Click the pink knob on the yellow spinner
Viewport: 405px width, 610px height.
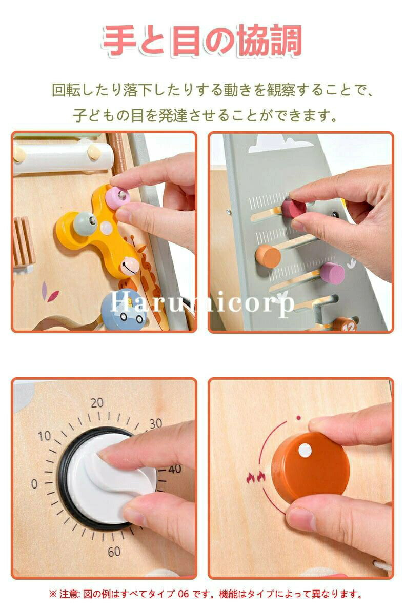[x=117, y=196]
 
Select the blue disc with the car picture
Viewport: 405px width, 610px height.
[x=123, y=309]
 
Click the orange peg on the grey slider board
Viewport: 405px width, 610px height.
[x=268, y=256]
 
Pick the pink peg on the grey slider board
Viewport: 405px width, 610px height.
[x=333, y=273]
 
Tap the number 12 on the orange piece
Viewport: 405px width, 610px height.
[x=349, y=328]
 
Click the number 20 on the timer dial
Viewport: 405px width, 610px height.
[x=97, y=402]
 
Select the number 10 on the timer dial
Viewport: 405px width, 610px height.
[x=44, y=436]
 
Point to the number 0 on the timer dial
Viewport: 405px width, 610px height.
[x=34, y=483]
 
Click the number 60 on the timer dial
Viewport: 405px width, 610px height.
[x=114, y=551]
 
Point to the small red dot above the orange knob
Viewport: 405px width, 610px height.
[x=298, y=418]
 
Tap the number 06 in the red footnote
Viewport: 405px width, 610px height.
[x=183, y=594]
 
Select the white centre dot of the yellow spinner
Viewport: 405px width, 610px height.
[x=106, y=228]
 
